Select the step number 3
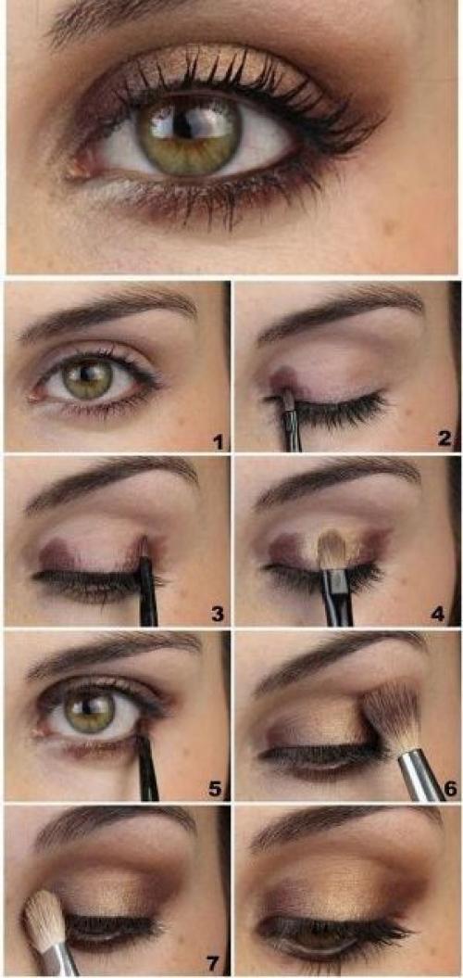[217, 615]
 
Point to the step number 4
[438, 615]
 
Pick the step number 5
[215, 789]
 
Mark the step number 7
[214, 964]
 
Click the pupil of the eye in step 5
[91, 705]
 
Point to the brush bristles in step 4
[332, 550]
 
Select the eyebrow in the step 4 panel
[336, 483]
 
